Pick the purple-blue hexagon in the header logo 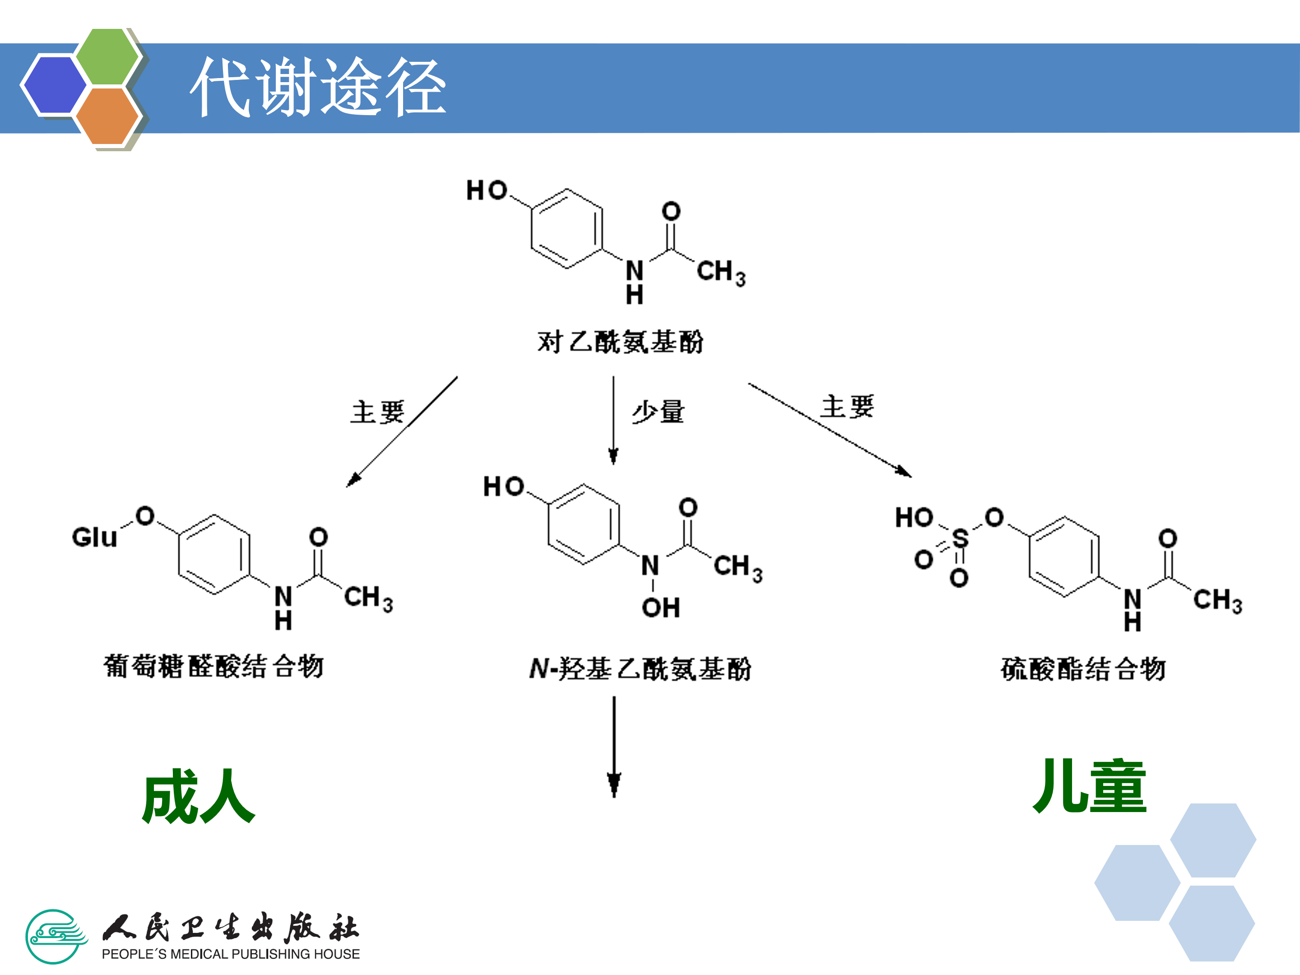point(54,84)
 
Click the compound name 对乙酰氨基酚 point(620,342)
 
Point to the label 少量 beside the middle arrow point(658,411)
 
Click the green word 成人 point(199,796)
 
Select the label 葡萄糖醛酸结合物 point(214,666)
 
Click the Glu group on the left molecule point(94,537)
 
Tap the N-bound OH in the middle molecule point(660,608)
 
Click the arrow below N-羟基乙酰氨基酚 point(614,747)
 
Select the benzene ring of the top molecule point(566,228)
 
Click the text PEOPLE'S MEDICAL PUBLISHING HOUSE point(230,954)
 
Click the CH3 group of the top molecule point(720,273)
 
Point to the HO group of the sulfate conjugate point(914,518)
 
